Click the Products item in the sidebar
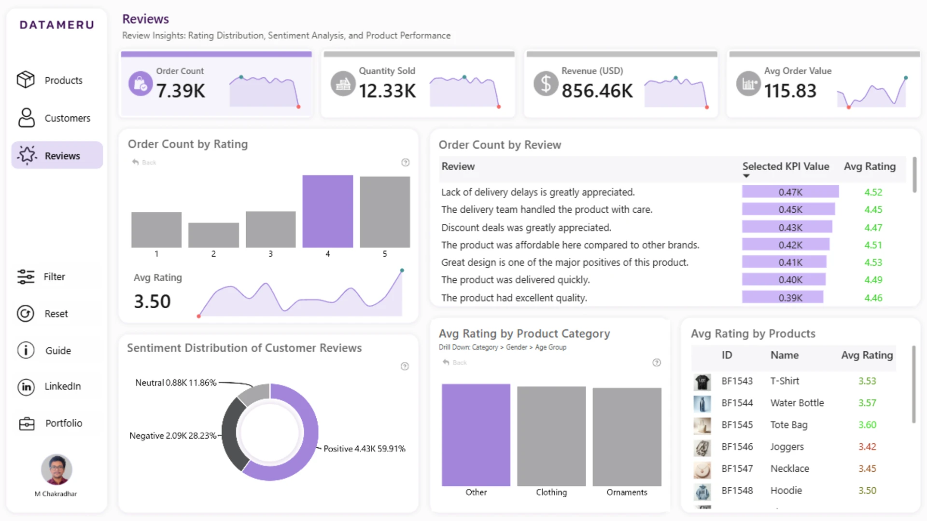[50, 80]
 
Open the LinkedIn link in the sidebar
[49, 386]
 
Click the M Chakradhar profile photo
[56, 469]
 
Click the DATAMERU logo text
[57, 25]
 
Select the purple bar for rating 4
[328, 211]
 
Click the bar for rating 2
[213, 235]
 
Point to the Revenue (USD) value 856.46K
[597, 91]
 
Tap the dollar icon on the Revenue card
[546, 83]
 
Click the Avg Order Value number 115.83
[790, 91]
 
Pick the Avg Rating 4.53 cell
[873, 262]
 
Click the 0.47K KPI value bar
[790, 192]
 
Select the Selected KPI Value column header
[786, 166]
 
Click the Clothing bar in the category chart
[551, 436]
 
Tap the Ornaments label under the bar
[627, 492]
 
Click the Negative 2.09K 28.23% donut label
[173, 436]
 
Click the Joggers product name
[787, 447]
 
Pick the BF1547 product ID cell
[737, 468]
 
